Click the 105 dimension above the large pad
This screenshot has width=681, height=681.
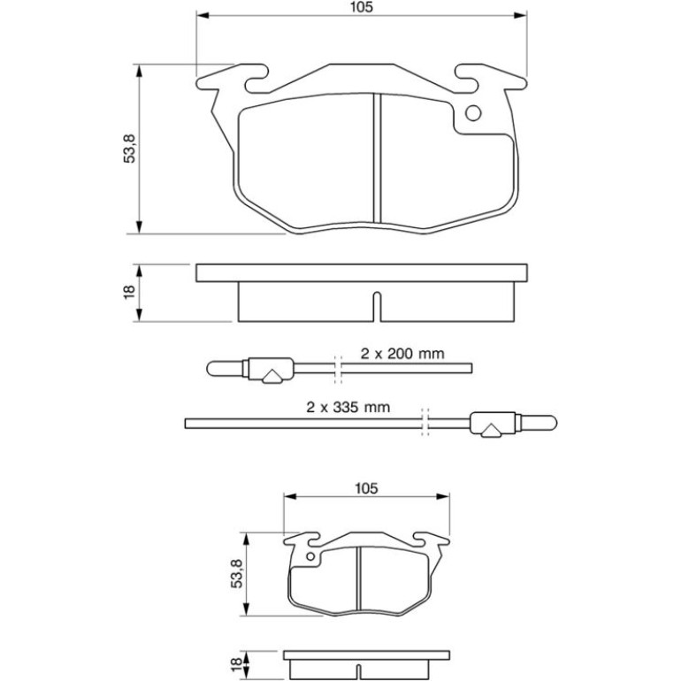[362, 7]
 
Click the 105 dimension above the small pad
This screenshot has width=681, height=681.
[366, 488]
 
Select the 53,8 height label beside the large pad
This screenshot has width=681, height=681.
[130, 149]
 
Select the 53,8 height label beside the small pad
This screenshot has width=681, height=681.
[237, 574]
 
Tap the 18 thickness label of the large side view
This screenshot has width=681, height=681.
[130, 292]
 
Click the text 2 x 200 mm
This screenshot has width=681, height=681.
[402, 354]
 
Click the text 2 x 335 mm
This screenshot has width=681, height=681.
[348, 407]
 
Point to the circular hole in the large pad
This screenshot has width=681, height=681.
[473, 113]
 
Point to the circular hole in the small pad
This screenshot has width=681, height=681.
[310, 557]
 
